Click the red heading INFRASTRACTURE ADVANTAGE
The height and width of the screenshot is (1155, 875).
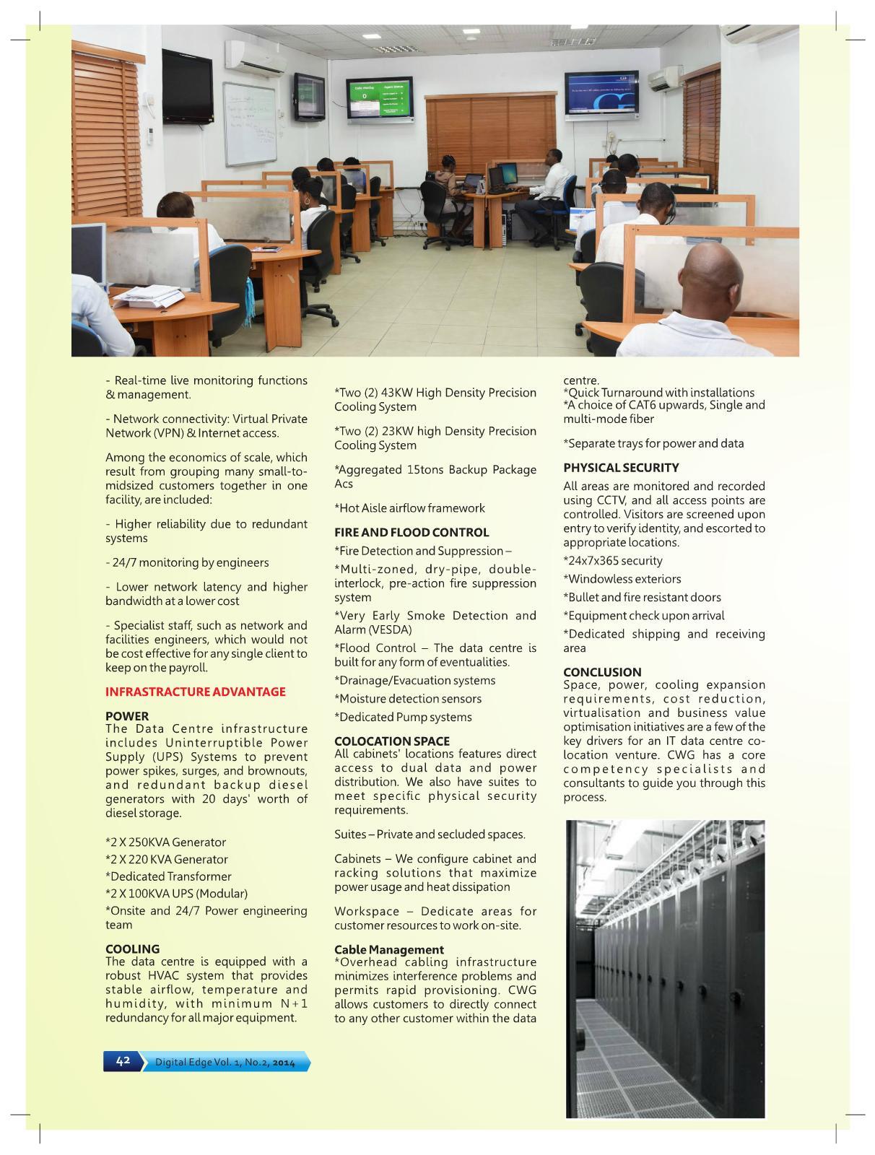[x=195, y=692]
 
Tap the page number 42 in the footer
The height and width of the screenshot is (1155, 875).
[x=123, y=1060]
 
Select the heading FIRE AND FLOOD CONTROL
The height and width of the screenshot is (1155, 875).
[x=412, y=532]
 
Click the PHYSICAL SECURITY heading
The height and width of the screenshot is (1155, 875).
[x=621, y=467]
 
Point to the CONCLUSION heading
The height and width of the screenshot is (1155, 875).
[x=602, y=671]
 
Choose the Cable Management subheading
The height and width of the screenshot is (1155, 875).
[x=388, y=949]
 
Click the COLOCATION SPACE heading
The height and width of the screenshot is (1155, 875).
[x=391, y=741]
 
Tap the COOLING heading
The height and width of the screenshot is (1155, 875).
[x=132, y=949]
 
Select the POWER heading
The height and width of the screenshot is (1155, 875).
[x=127, y=716]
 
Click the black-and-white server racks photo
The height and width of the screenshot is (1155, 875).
[x=665, y=968]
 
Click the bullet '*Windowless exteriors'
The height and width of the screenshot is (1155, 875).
[x=622, y=579]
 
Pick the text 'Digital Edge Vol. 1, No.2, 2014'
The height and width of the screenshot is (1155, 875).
[x=225, y=1062]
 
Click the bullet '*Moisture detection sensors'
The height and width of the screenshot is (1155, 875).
[x=407, y=699]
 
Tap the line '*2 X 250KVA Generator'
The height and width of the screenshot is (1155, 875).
[x=165, y=842]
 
